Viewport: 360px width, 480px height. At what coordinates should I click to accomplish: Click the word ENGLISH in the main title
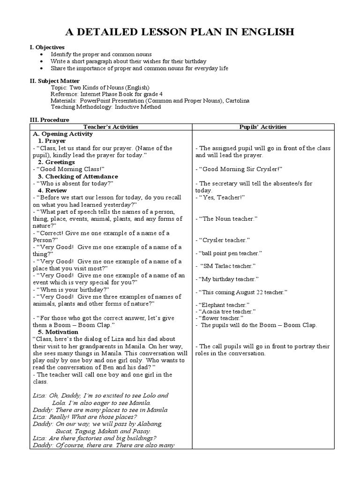point(264,32)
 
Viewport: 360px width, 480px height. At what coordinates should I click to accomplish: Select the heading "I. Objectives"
point(47,47)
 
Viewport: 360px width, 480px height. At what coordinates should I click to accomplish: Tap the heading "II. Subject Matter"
point(55,81)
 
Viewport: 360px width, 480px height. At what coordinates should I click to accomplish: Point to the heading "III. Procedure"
point(50,120)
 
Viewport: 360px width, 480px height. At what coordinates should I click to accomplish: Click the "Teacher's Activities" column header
point(111,127)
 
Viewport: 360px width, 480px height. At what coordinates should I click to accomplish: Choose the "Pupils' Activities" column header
point(262,127)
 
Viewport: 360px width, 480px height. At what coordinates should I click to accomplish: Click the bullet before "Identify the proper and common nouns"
point(42,55)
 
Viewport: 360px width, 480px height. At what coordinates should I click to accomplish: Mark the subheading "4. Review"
point(52,190)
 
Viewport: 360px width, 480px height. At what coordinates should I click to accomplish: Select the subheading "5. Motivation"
point(58,332)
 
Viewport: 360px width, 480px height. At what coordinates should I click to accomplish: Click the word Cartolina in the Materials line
point(236,100)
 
